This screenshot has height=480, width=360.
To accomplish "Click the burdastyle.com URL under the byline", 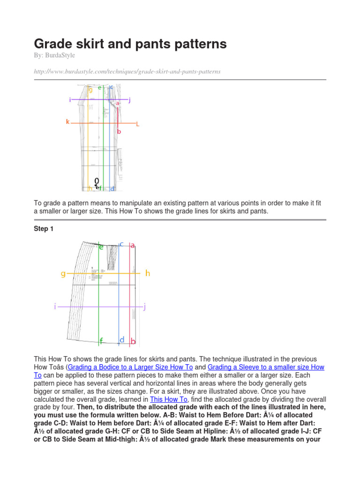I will click(127, 71).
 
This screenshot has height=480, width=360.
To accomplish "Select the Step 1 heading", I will click(44, 229).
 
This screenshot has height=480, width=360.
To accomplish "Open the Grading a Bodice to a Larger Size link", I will click(130, 367).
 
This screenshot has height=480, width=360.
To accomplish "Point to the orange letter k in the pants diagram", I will click(67, 122).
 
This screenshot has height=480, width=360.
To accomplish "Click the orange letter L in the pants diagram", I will click(137, 124).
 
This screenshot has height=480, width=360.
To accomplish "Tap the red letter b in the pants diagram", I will click(119, 132).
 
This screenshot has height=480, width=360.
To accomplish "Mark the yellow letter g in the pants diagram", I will click(90, 90).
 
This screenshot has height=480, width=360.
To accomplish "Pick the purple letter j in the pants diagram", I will click(129, 100).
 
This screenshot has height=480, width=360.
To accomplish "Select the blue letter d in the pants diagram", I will click(112, 189).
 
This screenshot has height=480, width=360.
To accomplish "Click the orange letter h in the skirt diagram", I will click(148, 273).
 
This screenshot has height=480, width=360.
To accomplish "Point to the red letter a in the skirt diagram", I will click(133, 245).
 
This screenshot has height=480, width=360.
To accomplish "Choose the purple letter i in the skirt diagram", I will click(55, 307).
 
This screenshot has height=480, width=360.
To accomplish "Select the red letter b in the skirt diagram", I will click(133, 342).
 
